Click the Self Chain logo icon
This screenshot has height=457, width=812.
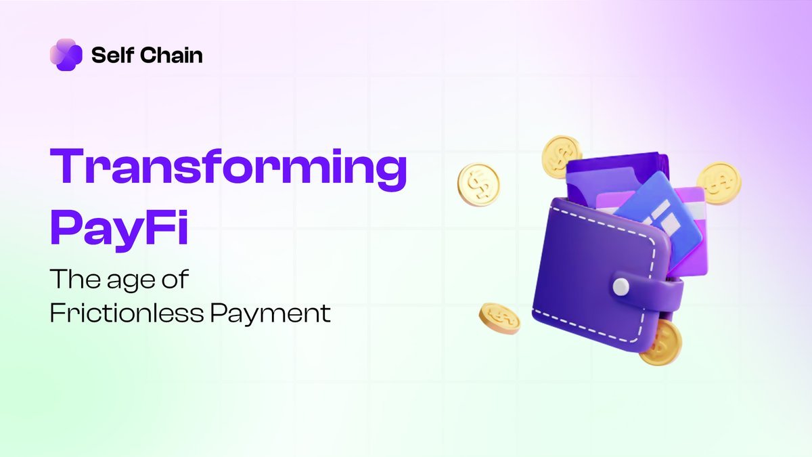(66, 55)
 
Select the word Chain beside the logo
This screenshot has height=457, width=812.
(172, 56)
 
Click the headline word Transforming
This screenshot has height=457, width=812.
(229, 171)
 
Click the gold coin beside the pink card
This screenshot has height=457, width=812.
(719, 182)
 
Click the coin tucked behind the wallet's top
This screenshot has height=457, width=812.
(561, 155)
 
